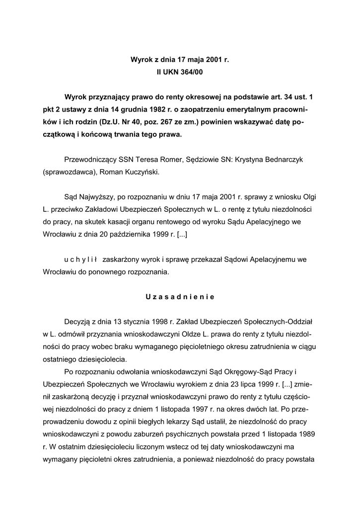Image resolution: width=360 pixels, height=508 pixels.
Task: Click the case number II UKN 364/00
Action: tap(180, 72)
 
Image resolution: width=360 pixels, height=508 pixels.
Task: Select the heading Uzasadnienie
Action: tap(180, 297)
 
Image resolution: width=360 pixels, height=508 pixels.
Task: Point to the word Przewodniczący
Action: tap(90, 160)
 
